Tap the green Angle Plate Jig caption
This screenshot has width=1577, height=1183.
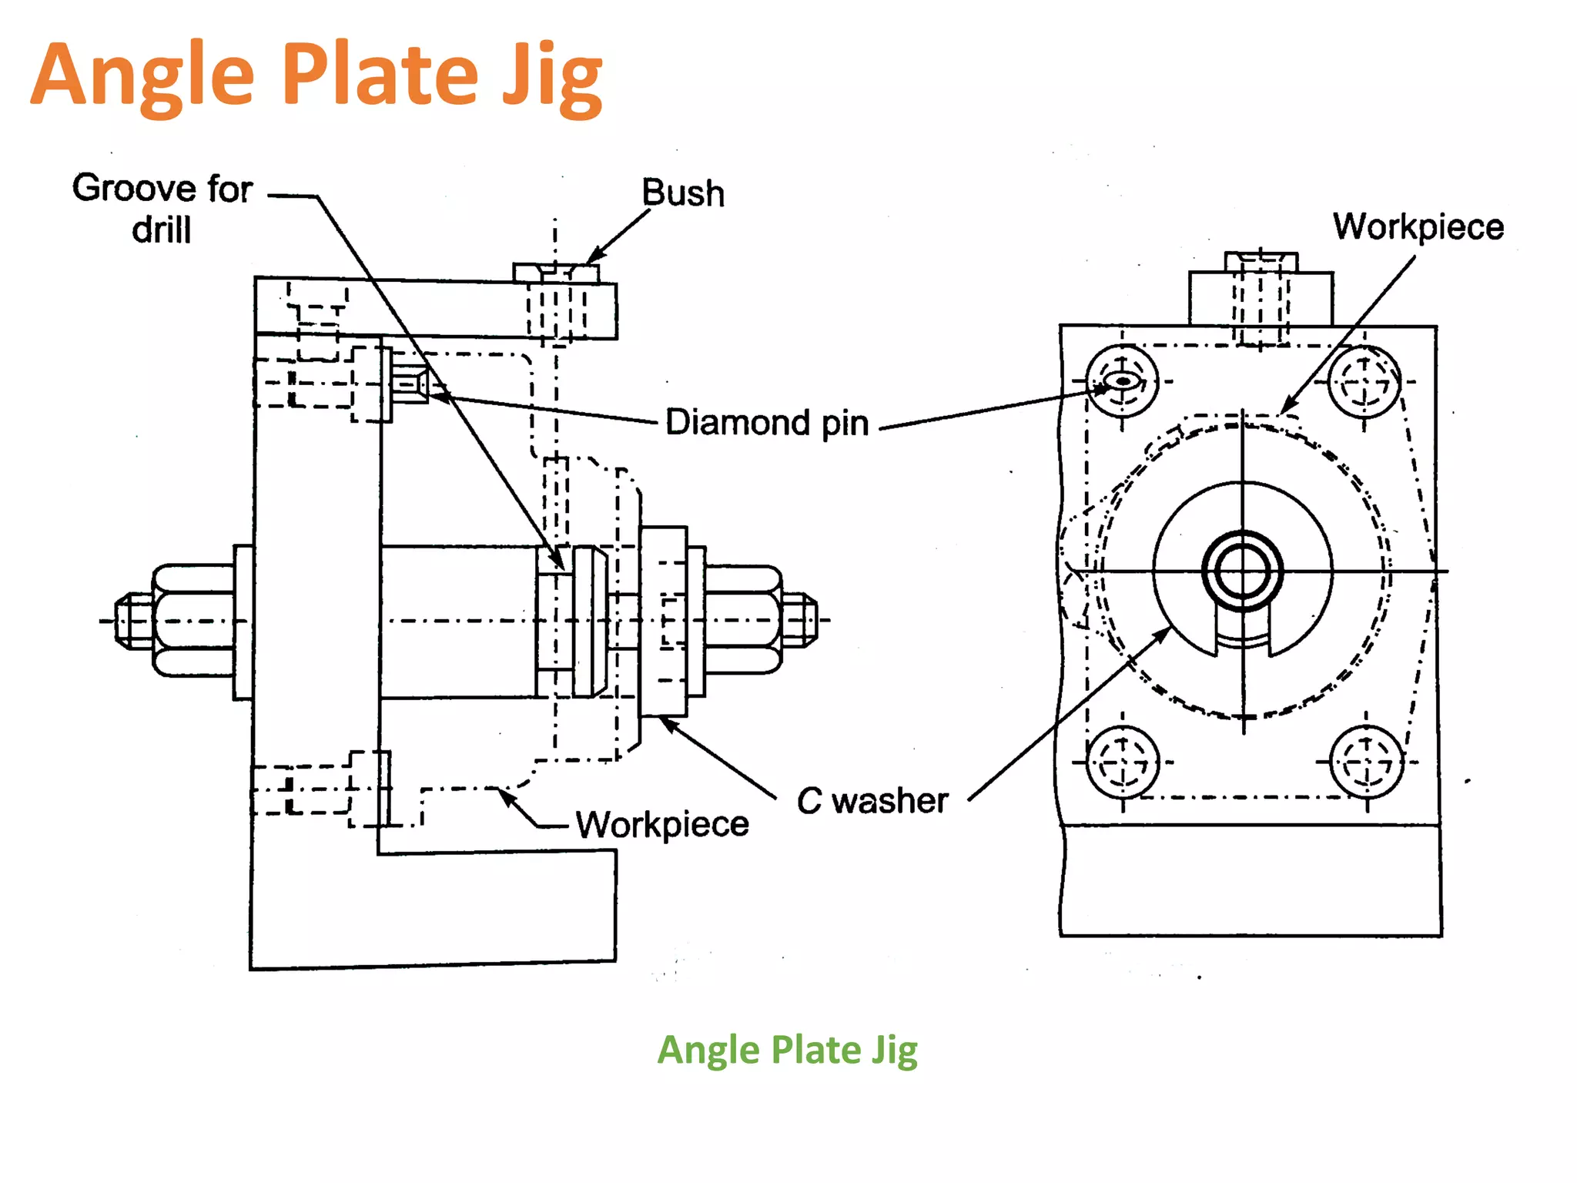tap(787, 1051)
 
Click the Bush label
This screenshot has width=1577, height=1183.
tap(683, 193)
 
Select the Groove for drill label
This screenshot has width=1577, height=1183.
tap(162, 208)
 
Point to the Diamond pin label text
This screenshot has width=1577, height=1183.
tap(767, 423)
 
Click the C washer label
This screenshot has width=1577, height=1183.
tap(872, 801)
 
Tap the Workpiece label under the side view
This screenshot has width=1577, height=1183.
tap(662, 825)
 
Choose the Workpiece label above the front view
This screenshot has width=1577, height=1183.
tap(1418, 226)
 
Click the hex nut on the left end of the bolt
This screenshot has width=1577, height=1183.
tap(193, 621)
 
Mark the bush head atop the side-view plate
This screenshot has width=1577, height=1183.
tap(556, 273)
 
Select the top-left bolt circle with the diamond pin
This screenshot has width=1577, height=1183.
tap(1122, 381)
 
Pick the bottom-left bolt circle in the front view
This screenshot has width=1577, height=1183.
tap(1122, 763)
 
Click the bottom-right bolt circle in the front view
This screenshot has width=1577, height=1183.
tap(1367, 763)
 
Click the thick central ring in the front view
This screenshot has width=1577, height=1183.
tap(1242, 571)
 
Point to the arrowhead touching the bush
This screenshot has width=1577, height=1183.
tap(594, 256)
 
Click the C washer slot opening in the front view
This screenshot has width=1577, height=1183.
tap(1242, 632)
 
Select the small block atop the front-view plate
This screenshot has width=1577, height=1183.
tap(1261, 298)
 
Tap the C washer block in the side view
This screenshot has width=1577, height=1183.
tap(663, 621)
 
